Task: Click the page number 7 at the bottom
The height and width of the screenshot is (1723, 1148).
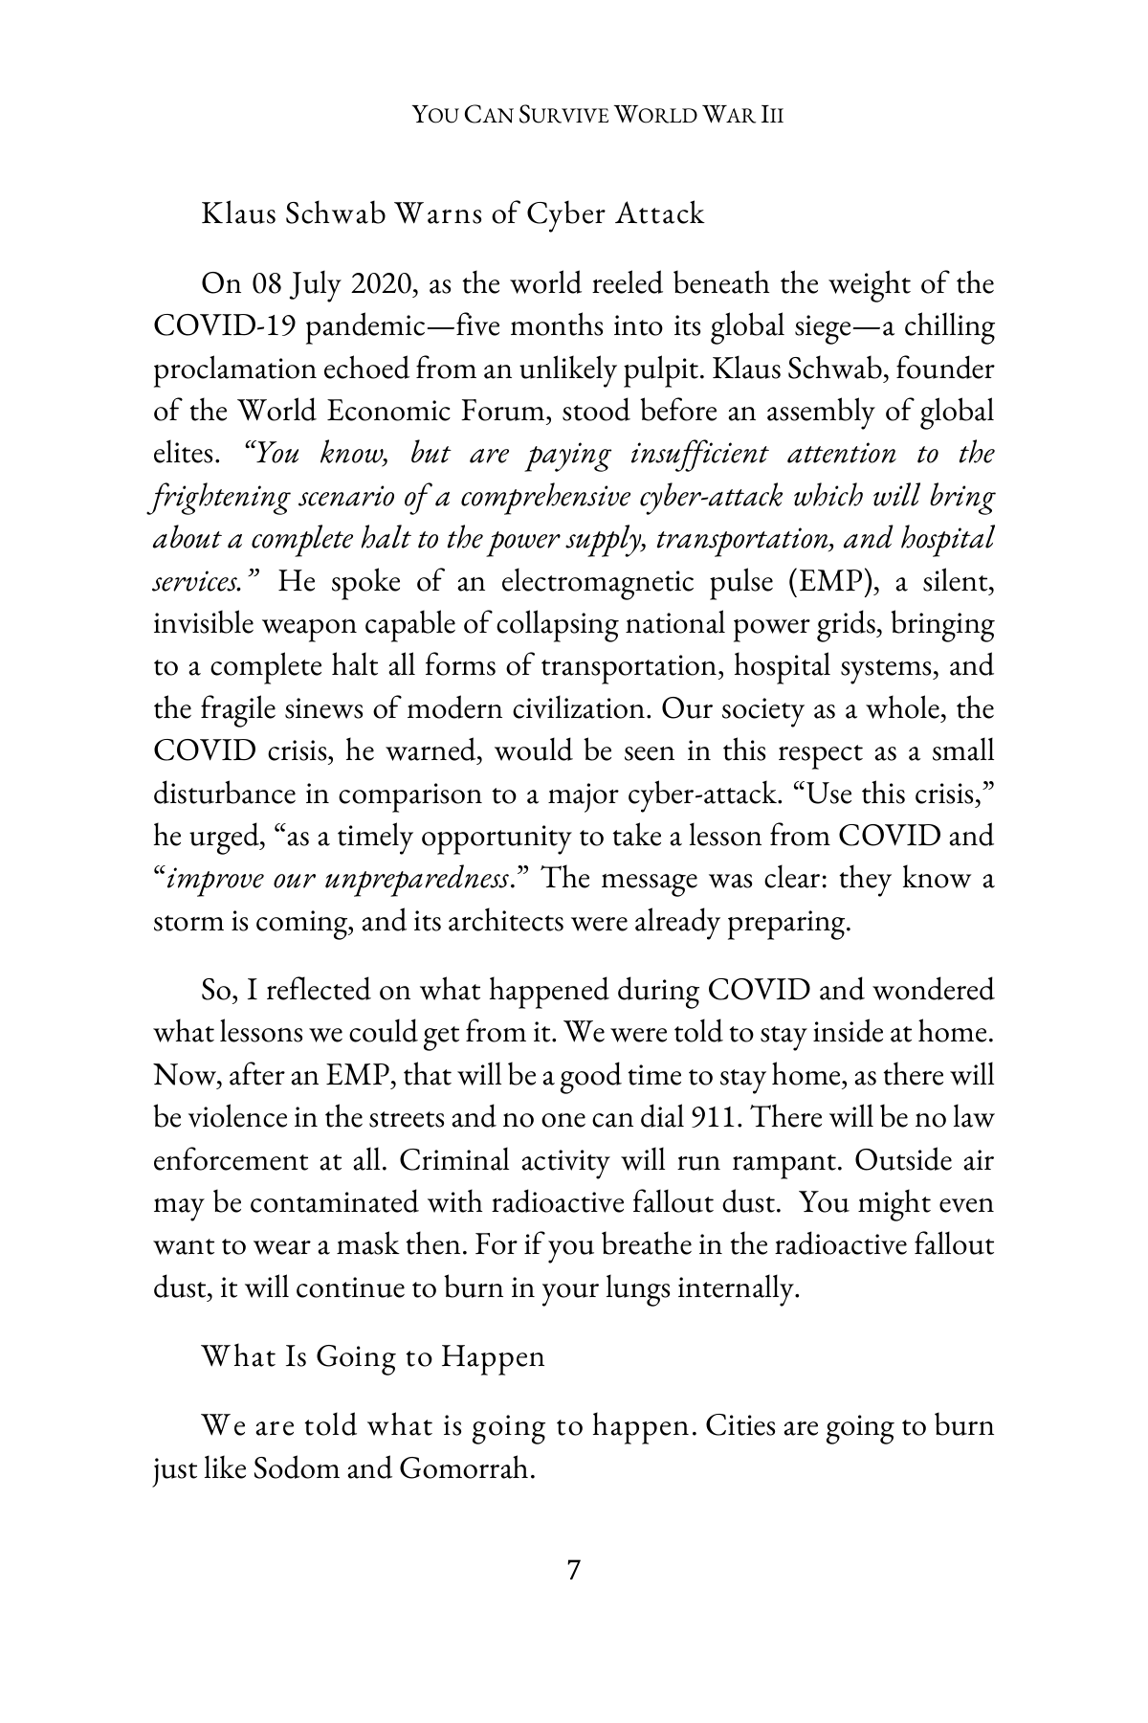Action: coord(573,1571)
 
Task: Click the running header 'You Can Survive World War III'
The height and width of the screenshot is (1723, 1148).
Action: coord(598,117)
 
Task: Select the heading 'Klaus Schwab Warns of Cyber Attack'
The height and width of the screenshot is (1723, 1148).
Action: coord(452,213)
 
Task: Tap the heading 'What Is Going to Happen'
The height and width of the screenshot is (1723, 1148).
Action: coord(373,1356)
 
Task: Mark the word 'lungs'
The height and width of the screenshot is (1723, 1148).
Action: coord(625,1288)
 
